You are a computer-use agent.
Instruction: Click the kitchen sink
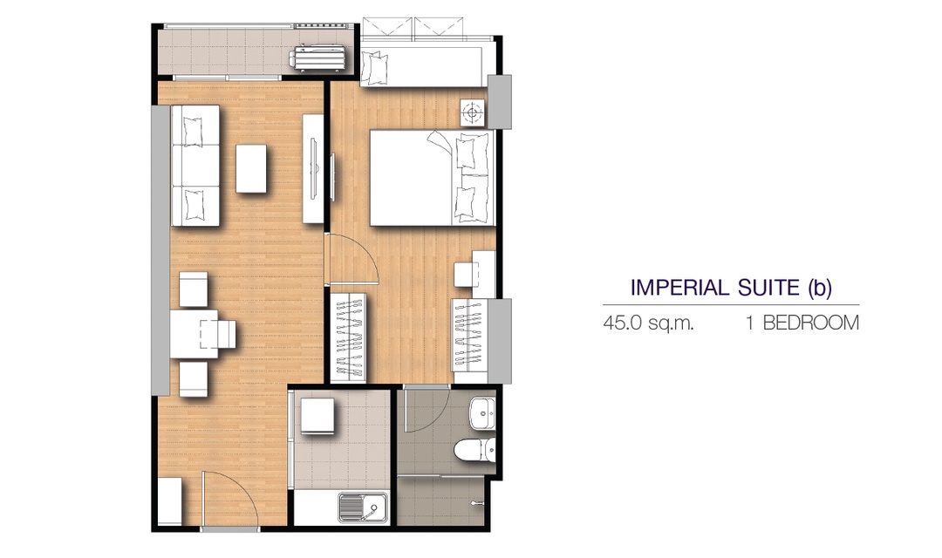tap(363, 507)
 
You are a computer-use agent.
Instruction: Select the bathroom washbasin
tap(481, 413)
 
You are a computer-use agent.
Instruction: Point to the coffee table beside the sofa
tap(251, 168)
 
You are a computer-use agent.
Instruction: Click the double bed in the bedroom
tap(432, 178)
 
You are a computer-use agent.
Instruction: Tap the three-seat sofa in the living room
tap(195, 165)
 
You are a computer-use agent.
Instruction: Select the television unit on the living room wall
tap(313, 169)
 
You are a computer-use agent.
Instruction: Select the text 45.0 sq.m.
tap(648, 323)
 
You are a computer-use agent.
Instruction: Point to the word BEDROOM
tap(811, 323)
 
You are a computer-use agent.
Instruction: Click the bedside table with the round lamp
tap(473, 113)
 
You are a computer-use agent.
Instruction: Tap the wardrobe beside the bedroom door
tap(348, 337)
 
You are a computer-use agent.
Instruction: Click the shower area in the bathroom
tap(441, 501)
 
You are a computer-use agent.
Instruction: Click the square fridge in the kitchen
tap(317, 416)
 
